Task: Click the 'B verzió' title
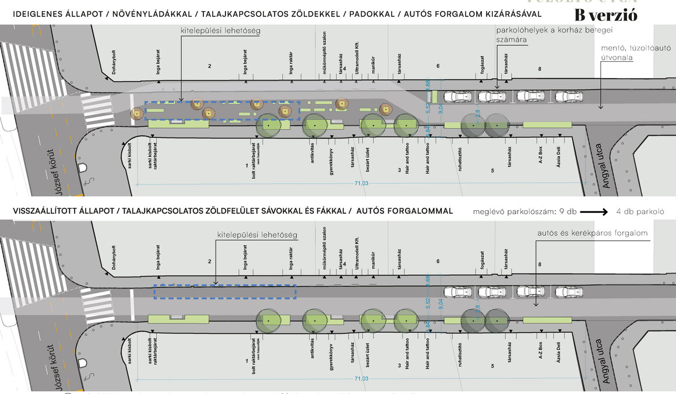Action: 605,16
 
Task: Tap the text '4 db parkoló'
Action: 640,212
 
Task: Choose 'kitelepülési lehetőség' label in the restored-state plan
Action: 257,235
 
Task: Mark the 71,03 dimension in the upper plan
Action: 361,183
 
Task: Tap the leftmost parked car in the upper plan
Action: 457,96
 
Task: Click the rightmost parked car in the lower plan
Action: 569,292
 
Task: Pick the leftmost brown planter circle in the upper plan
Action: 137,113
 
